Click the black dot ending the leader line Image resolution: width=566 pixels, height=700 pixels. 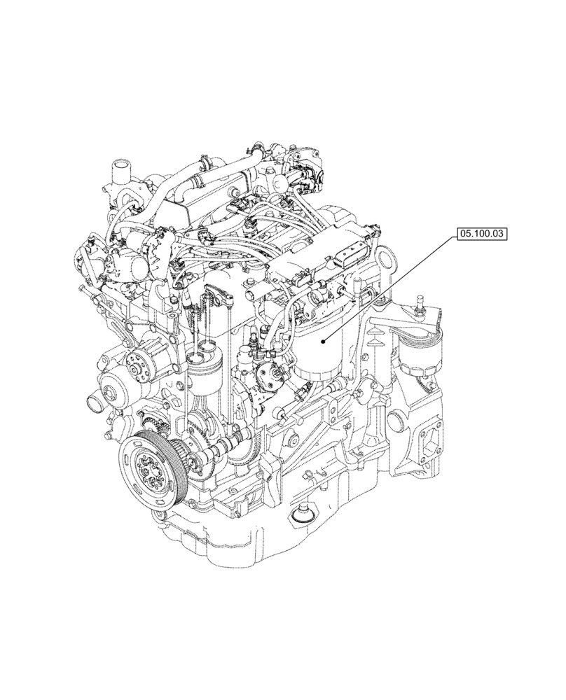point(322,342)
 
